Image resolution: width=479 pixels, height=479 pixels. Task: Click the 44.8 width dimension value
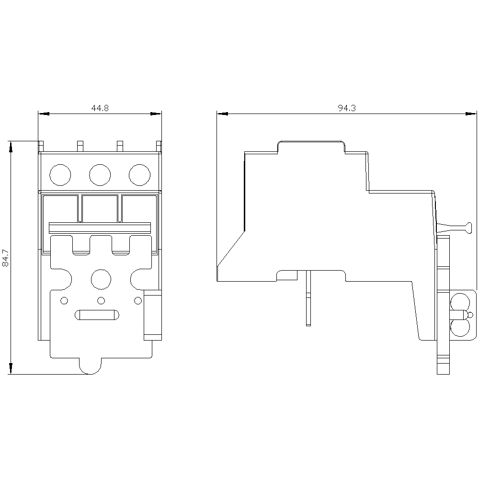[100, 108]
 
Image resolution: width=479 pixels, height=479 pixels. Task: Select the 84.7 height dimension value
[5, 257]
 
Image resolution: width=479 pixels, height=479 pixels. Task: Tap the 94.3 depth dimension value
[347, 108]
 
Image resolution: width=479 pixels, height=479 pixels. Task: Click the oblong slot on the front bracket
[97, 315]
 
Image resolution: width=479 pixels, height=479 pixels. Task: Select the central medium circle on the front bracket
[101, 279]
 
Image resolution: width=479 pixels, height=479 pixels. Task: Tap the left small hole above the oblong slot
[64, 300]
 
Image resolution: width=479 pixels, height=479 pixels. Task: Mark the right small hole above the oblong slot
[138, 300]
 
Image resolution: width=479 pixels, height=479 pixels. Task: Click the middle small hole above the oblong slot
[101, 300]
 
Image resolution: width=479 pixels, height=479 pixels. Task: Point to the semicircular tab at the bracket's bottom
[91, 366]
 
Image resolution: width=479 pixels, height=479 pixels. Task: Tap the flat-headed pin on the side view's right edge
[455, 228]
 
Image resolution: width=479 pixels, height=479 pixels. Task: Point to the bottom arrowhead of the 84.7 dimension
[11, 368]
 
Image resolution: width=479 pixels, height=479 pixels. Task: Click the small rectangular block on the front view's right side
[153, 315]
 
